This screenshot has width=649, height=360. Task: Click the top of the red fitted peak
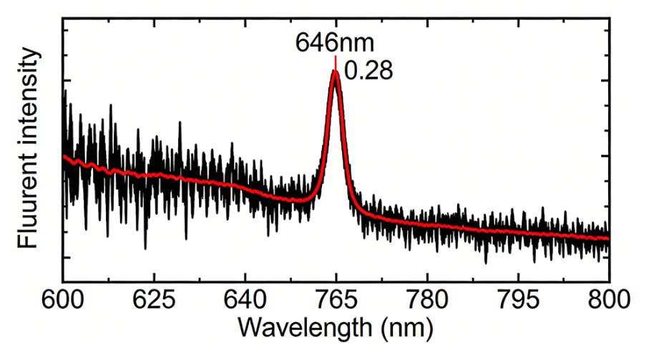pos(335,72)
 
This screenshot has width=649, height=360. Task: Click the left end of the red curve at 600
pos(64,156)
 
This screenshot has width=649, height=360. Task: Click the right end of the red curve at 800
pos(608,238)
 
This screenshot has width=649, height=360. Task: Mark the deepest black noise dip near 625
pos(145,249)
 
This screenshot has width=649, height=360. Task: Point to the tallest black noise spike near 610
pos(110,104)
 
